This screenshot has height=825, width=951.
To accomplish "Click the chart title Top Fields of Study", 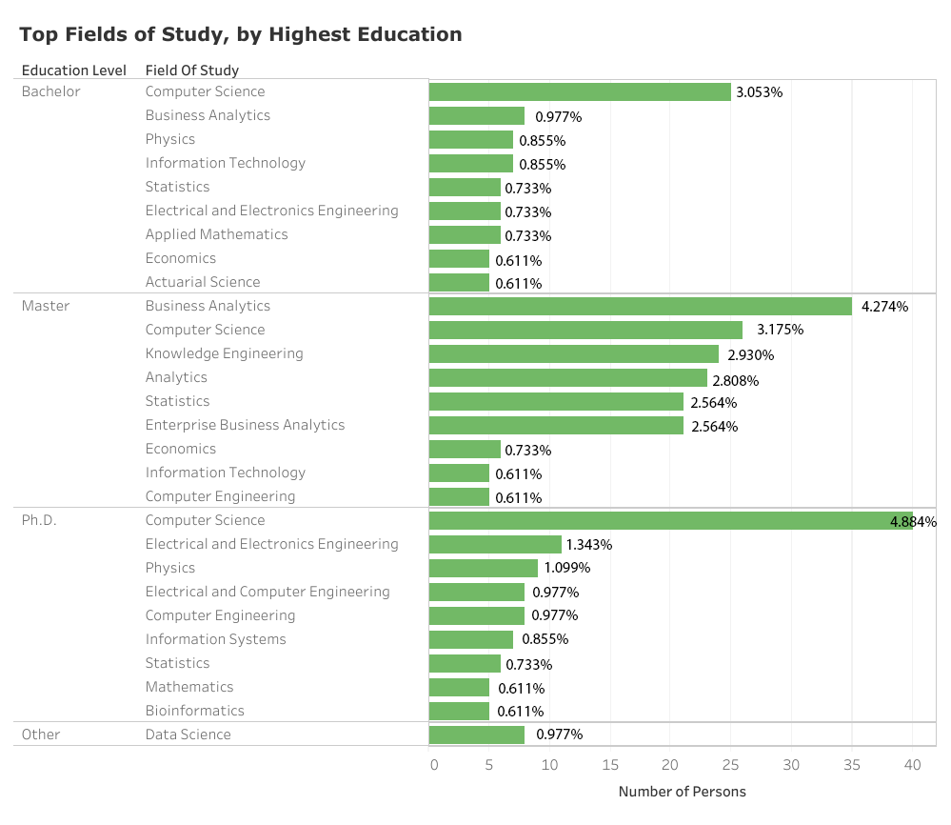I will pyautogui.click(x=241, y=35).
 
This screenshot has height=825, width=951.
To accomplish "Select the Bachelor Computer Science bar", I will pyautogui.click(x=579, y=92).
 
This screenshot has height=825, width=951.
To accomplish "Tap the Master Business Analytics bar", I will pyautogui.click(x=640, y=307).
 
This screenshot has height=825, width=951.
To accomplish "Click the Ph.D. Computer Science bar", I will pyautogui.click(x=670, y=521).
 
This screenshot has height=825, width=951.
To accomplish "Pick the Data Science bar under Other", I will pyautogui.click(x=476, y=735).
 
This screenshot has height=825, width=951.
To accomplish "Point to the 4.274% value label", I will pyautogui.click(x=884, y=307).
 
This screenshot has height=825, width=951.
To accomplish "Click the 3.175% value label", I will pyautogui.click(x=780, y=331).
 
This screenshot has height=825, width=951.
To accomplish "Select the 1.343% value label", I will pyautogui.click(x=588, y=545).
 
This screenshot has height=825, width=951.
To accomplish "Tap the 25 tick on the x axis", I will pyautogui.click(x=731, y=765).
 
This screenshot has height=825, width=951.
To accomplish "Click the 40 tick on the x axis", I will pyautogui.click(x=912, y=765).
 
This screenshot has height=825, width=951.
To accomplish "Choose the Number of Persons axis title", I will pyautogui.click(x=682, y=792).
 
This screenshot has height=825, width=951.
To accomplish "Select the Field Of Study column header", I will pyautogui.click(x=192, y=70).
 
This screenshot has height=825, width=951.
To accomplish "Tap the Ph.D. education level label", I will pyautogui.click(x=39, y=521).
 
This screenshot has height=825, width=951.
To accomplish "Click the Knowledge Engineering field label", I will pyautogui.click(x=224, y=354).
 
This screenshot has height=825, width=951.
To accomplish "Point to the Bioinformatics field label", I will pyautogui.click(x=194, y=712).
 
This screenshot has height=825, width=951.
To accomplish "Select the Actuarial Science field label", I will pyautogui.click(x=202, y=283).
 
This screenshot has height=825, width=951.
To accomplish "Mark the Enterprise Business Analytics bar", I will pyautogui.click(x=556, y=426).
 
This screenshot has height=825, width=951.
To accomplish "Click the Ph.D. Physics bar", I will pyautogui.click(x=483, y=569).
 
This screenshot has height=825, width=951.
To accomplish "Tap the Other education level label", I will pyautogui.click(x=41, y=735).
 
